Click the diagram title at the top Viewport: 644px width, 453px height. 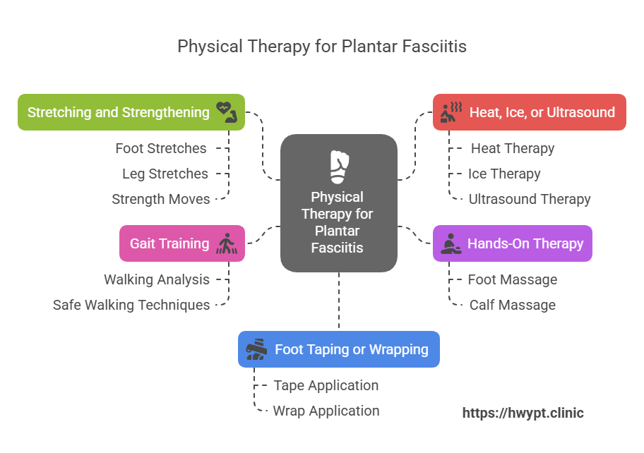coord(321,47)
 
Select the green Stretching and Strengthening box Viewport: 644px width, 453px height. coord(131,112)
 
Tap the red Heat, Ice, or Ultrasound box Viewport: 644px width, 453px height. coord(529,112)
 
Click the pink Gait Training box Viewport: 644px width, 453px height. coord(182,243)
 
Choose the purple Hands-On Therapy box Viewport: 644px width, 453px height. coord(512,243)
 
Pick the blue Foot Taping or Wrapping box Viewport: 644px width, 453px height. coord(339,349)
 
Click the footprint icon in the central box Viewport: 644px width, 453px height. coord(339,167)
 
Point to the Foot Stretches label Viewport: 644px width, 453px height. coord(161,148)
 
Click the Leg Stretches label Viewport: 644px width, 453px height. coord(165,174)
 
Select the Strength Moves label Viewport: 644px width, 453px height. coord(161,199)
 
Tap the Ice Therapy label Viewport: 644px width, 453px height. coord(504,174)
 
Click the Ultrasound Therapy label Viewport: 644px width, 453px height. coord(529,199)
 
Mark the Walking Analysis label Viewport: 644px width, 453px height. coord(157,279)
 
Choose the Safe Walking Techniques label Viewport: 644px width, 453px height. coord(131,305)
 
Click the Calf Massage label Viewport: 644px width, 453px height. coord(512,305)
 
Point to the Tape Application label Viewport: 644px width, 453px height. coord(326,385)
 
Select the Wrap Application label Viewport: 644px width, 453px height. coord(326,411)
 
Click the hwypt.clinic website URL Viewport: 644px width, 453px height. coord(523,413)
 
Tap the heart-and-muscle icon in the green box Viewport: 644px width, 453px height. coord(227,112)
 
